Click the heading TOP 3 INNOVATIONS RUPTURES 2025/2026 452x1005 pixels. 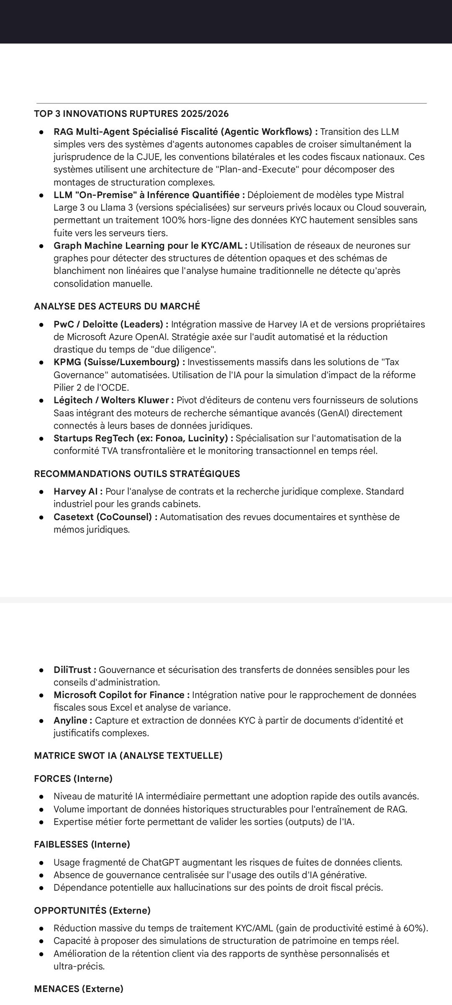(x=131, y=114)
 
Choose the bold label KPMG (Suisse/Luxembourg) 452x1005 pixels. (x=119, y=362)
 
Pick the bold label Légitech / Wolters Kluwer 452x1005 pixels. (x=113, y=400)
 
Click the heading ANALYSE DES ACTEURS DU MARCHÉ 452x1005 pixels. (x=117, y=307)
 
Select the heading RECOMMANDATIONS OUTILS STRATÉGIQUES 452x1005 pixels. (x=137, y=474)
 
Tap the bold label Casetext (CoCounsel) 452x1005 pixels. (x=105, y=517)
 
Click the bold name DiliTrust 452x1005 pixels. (x=74, y=670)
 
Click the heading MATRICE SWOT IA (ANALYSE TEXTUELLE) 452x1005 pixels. (x=128, y=755)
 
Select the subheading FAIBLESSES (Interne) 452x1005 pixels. (x=82, y=844)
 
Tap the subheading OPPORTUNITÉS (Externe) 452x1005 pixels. (x=92, y=910)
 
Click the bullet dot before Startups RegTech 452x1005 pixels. (x=42, y=438)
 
